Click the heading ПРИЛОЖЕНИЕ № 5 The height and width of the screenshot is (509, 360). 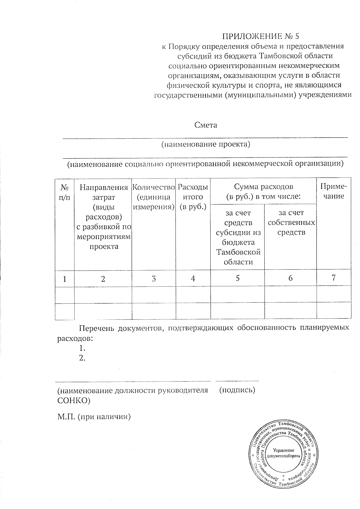260,36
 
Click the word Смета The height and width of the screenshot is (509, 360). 205,125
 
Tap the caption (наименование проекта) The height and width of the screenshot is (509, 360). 205,144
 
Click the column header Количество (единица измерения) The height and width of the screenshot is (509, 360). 154,197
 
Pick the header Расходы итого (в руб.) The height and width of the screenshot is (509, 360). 193,197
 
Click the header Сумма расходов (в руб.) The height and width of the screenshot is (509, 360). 263,192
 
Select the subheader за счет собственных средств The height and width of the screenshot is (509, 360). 291,222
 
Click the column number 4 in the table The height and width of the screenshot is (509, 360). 193,278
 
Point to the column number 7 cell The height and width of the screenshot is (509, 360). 334,277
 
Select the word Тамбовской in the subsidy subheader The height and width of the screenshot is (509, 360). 238,252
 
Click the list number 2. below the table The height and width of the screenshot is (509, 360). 82,358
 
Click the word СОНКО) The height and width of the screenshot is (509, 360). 73,400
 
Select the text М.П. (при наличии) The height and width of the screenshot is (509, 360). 94,417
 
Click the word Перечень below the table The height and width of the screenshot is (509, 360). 96,328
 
